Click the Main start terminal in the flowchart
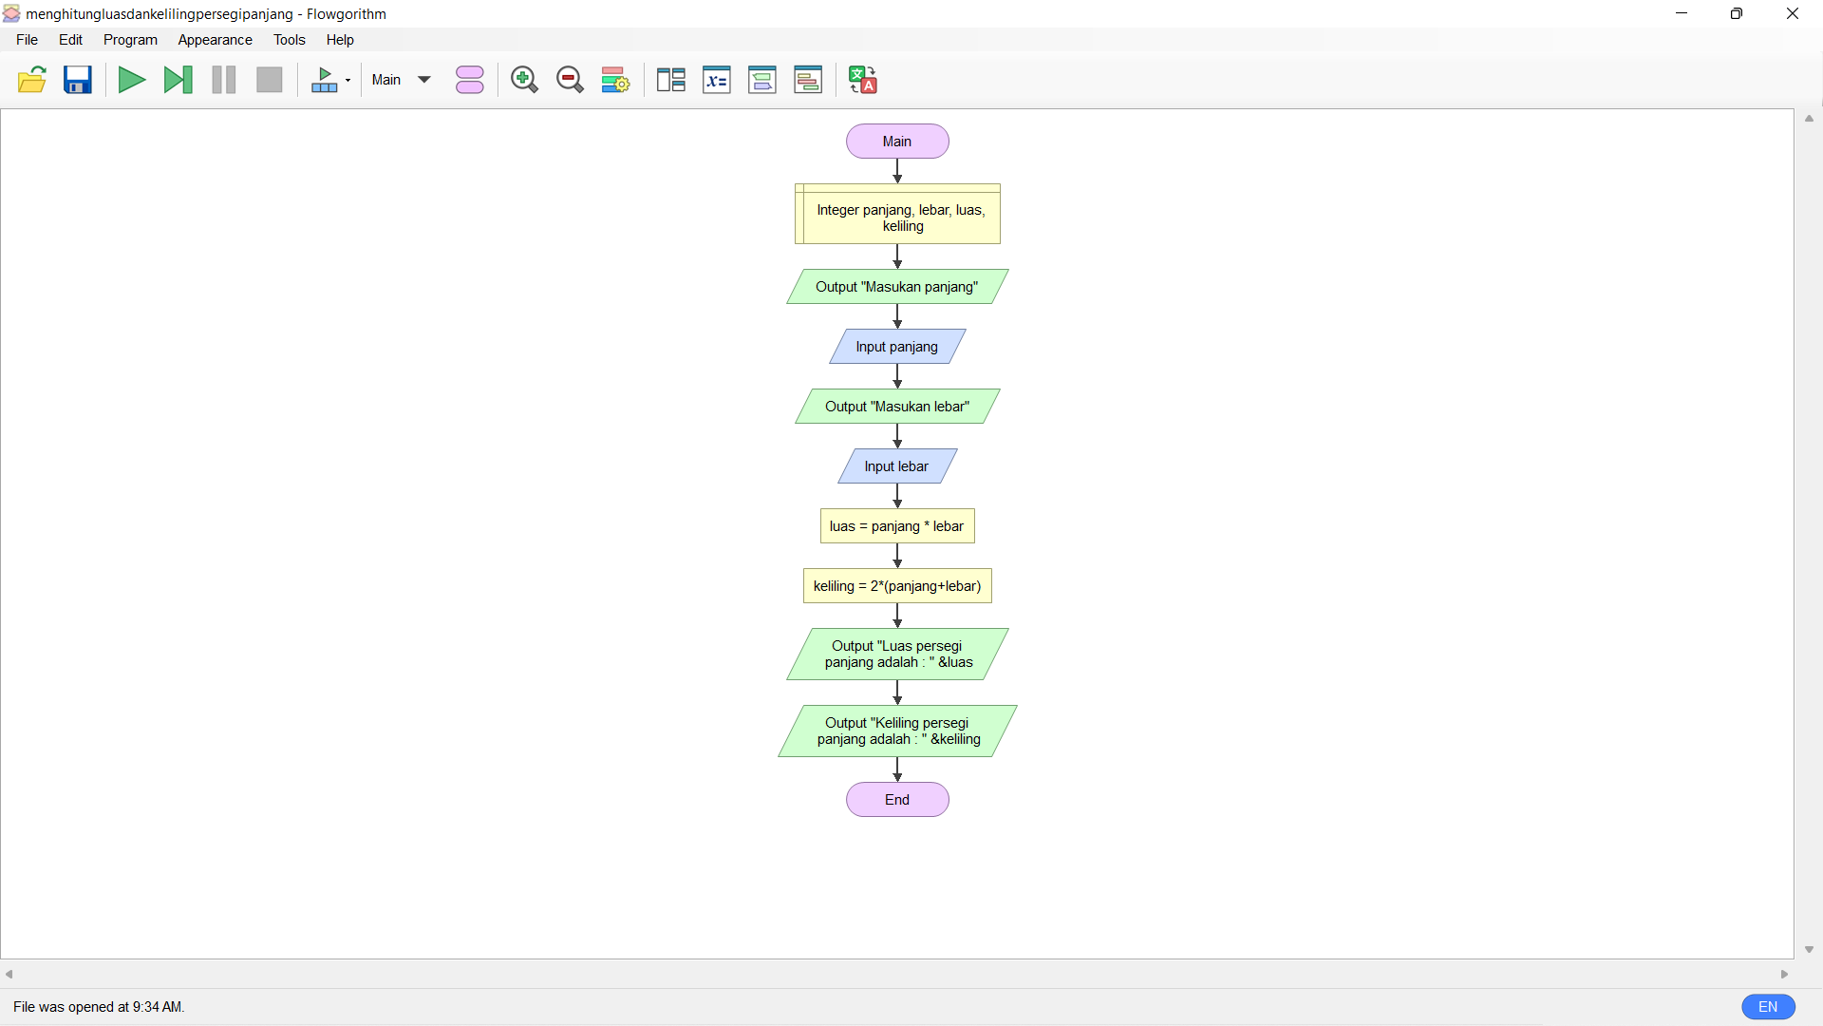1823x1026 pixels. pyautogui.click(x=897, y=142)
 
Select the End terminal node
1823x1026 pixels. pyautogui.click(x=897, y=800)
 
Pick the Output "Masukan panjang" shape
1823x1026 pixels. pyautogui.click(x=897, y=287)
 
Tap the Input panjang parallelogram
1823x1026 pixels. pyautogui.click(x=897, y=347)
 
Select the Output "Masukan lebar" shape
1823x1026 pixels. pyautogui.click(x=897, y=407)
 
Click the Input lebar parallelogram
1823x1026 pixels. pyautogui.click(x=897, y=466)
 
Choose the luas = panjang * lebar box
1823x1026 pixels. pyautogui.click(x=897, y=526)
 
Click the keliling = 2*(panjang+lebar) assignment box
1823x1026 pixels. pyautogui.click(x=897, y=586)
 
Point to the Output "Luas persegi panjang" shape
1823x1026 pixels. pyautogui.click(x=897, y=655)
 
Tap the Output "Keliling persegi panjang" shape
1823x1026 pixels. pyautogui.click(x=897, y=731)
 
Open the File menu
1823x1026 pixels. pyautogui.click(x=27, y=40)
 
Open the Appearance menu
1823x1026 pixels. pyautogui.click(x=215, y=40)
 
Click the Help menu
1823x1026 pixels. pyautogui.click(x=340, y=40)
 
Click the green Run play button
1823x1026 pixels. pyautogui.click(x=131, y=80)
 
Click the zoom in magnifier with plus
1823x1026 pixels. pyautogui.click(x=524, y=80)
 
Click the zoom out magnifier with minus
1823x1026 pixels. pyautogui.click(x=570, y=80)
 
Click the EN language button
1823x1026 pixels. pyautogui.click(x=1768, y=1007)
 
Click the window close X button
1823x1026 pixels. pyautogui.click(x=1793, y=13)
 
